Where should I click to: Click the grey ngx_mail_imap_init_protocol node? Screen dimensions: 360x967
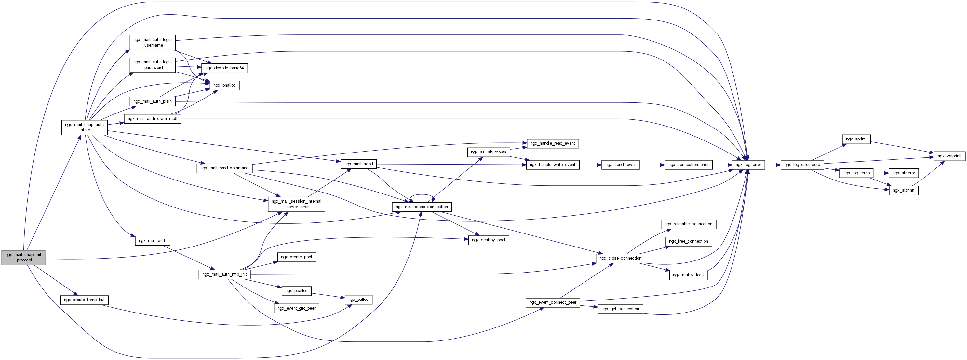pos(23,257)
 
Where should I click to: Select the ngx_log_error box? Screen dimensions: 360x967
pos(748,165)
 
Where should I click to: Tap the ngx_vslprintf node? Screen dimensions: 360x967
pos(949,156)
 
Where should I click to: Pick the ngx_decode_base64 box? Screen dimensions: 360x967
pos(224,68)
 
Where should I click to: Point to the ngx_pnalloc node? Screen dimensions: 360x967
pos(224,85)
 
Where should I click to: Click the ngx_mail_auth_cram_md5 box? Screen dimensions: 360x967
pos(153,119)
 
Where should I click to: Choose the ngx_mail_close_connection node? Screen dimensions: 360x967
pos(422,207)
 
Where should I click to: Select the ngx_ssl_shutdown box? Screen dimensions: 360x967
pos(489,152)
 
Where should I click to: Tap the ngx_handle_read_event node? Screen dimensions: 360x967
pos(552,143)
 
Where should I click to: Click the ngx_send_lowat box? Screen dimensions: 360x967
pos(620,165)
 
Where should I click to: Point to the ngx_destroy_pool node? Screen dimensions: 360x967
pos(489,240)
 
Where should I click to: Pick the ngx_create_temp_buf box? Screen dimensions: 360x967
pos(84,300)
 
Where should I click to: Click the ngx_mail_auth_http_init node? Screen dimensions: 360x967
pos(224,274)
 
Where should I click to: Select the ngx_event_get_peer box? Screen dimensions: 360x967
pos(296,308)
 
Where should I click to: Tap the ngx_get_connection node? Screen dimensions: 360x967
pos(620,309)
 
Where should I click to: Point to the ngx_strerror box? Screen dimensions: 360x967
pos(904,173)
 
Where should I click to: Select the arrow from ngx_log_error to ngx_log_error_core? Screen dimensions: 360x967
pos(772,165)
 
